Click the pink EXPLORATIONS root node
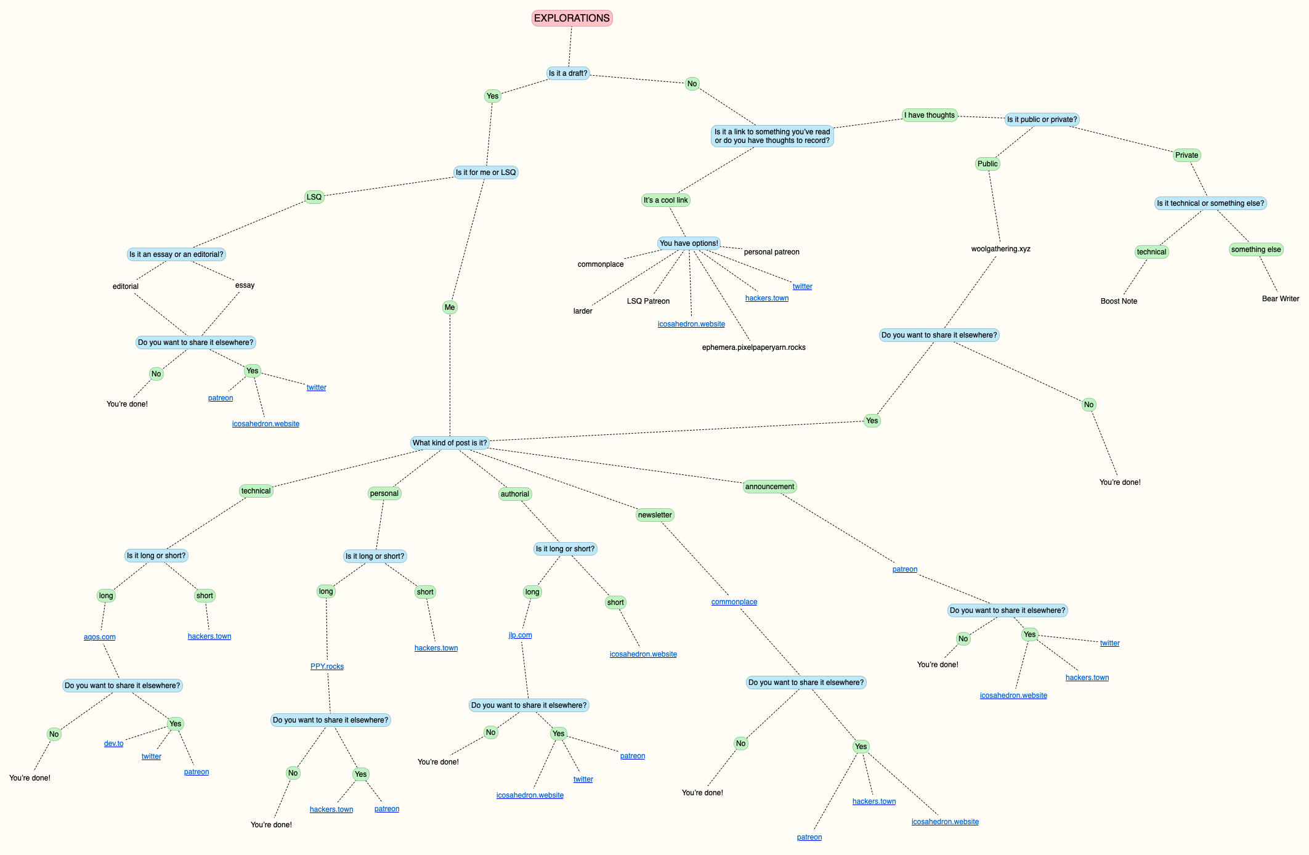(x=572, y=18)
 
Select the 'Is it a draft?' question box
(x=568, y=73)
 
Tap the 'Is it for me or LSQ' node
(x=485, y=172)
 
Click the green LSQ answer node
(x=314, y=197)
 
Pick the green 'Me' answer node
(x=450, y=307)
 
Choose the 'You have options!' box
(x=689, y=243)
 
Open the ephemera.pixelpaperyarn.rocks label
(x=753, y=347)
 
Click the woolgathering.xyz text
(x=1000, y=249)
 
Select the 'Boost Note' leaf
(x=1119, y=301)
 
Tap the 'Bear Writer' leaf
(x=1280, y=299)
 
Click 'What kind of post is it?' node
(x=450, y=443)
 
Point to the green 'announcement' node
(x=769, y=487)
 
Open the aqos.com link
(x=100, y=637)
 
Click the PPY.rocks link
(x=327, y=667)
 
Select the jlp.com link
(x=521, y=635)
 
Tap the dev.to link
(x=114, y=744)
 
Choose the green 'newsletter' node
(x=655, y=515)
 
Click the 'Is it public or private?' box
(x=1042, y=120)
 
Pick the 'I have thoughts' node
(x=929, y=115)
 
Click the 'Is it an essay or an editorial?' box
(x=176, y=254)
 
